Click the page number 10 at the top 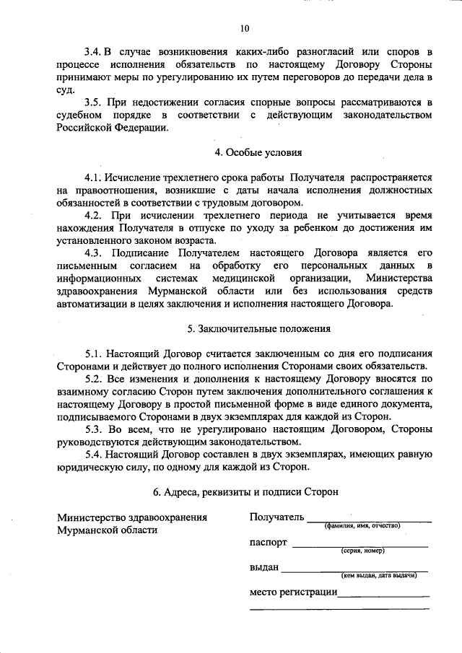[x=244, y=29]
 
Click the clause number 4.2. [x=93, y=215]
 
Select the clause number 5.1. [x=93, y=354]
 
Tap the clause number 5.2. [x=93, y=378]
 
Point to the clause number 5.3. [x=93, y=428]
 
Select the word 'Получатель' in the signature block [x=276, y=517]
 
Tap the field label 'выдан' [x=263, y=567]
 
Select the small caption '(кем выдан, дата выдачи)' [x=378, y=576]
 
